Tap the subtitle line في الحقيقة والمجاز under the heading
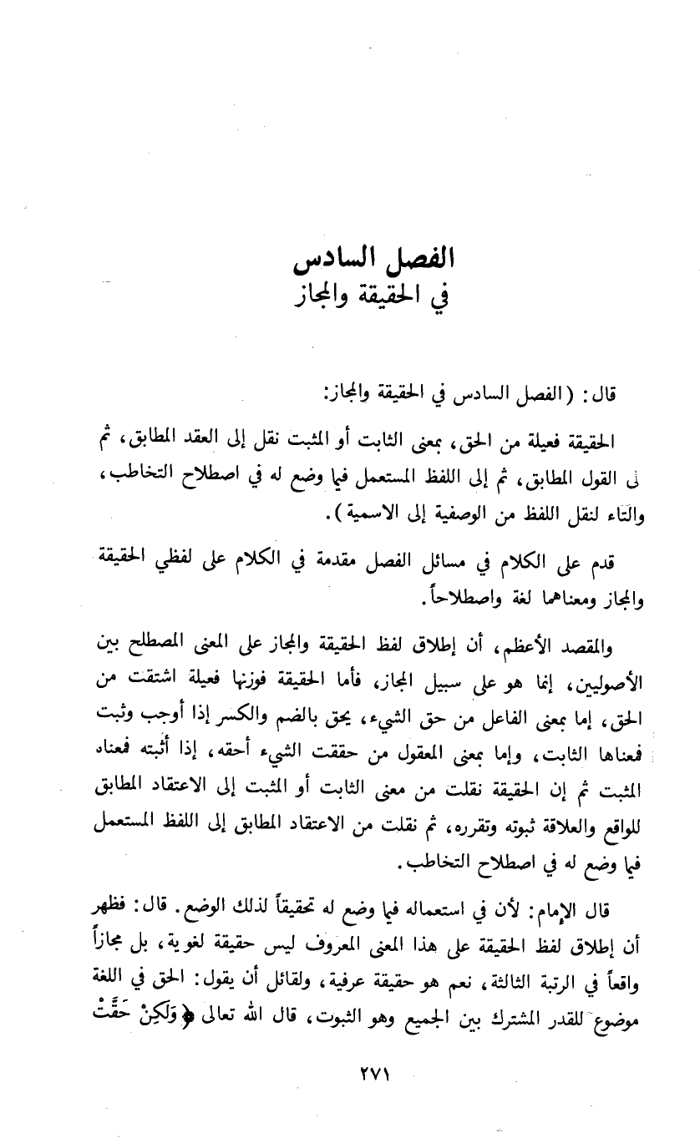pyautogui.click(x=373, y=296)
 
